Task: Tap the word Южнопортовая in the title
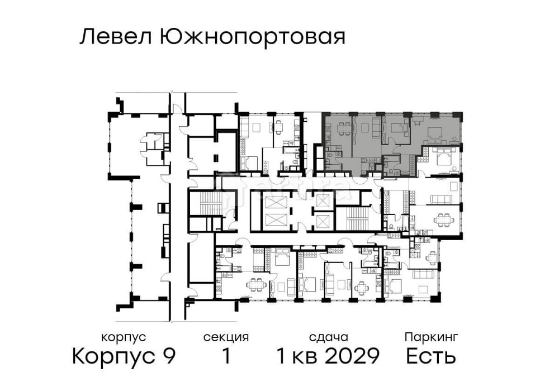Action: point(252,37)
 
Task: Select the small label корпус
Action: point(124,337)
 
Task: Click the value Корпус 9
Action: point(124,356)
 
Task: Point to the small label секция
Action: point(226,337)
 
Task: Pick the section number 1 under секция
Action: point(226,356)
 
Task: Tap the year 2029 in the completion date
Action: point(353,356)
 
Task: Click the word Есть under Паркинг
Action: point(431,356)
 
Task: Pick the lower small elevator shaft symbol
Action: point(323,221)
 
